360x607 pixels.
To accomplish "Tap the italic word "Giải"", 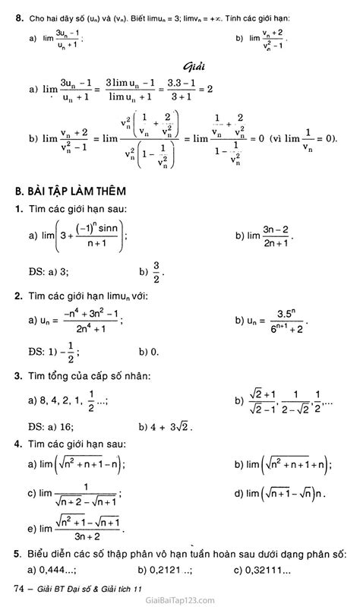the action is coord(196,67).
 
